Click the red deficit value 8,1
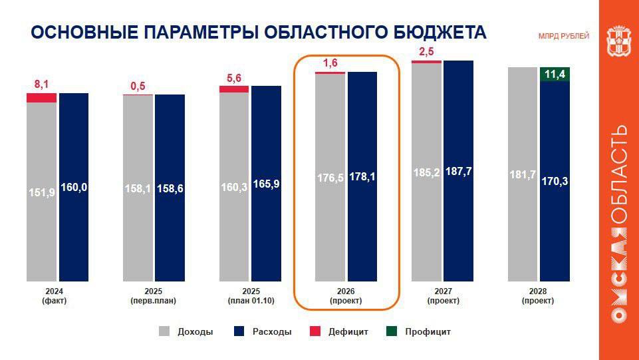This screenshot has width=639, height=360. click(x=42, y=84)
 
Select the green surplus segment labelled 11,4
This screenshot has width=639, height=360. click(x=554, y=74)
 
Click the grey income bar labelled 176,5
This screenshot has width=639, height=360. click(x=330, y=200)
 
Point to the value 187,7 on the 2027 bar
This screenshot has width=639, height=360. click(x=458, y=171)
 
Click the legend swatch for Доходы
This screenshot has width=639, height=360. click(x=165, y=331)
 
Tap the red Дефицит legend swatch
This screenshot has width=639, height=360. click(x=316, y=331)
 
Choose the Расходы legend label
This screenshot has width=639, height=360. click(x=271, y=331)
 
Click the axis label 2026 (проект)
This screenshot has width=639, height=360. click(x=346, y=296)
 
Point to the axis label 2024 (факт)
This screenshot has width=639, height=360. click(x=57, y=296)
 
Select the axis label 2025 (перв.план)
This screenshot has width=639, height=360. click(x=153, y=296)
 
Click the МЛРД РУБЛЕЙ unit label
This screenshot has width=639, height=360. click(x=563, y=36)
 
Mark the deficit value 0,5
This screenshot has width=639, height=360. click(x=138, y=87)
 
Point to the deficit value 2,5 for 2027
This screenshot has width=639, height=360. click(x=426, y=52)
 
